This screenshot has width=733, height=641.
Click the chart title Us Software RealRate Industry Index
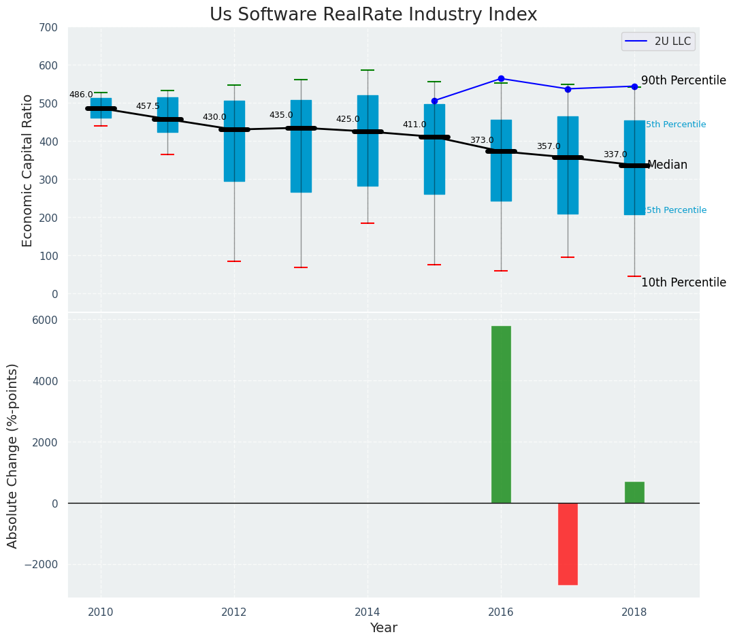[x=373, y=15]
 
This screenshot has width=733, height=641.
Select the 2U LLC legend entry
[x=657, y=42]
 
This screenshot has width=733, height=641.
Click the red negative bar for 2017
[x=568, y=544]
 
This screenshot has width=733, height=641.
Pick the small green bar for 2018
[x=634, y=492]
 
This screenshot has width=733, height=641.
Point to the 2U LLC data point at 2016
[x=501, y=79]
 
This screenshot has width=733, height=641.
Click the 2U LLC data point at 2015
[x=434, y=101]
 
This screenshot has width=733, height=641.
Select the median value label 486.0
[x=81, y=95]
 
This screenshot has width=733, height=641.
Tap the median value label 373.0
[x=482, y=141]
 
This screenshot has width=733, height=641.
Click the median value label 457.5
[x=148, y=107]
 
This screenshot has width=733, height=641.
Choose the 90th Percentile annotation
[x=683, y=80]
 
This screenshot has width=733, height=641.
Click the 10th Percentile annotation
[x=683, y=282]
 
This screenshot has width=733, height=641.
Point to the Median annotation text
[x=667, y=165]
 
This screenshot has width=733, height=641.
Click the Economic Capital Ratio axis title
[x=28, y=171]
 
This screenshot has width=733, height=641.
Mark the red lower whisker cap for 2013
[x=301, y=267]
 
